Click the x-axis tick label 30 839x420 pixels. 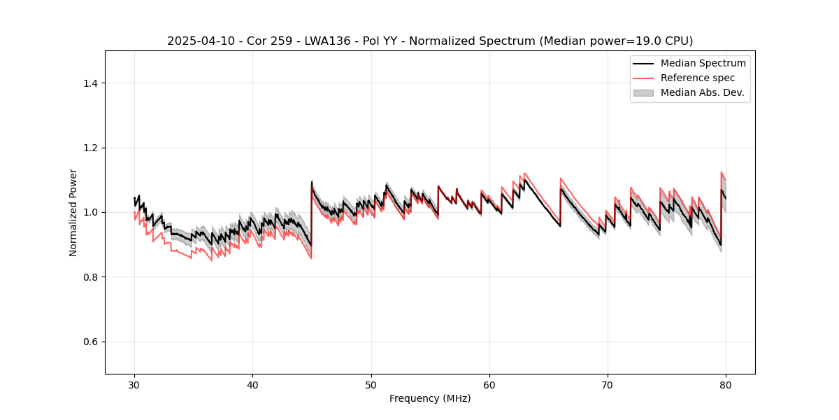(134, 384)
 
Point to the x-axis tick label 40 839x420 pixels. (252, 384)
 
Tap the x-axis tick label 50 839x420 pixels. (371, 384)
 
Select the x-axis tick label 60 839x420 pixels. (489, 384)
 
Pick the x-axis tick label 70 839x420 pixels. (608, 384)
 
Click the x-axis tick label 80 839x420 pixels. (726, 384)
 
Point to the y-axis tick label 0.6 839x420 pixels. (90, 342)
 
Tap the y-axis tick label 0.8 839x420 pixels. (90, 277)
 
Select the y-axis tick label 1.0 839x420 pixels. (90, 212)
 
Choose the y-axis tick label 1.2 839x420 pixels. (90, 148)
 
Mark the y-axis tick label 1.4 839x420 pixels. (90, 83)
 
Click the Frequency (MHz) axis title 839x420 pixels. (430, 398)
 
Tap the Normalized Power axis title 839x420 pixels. (73, 212)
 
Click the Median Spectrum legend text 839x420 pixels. (703, 64)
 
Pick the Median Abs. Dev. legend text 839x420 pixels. (702, 92)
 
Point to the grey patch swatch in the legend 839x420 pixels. (643, 92)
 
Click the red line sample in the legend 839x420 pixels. (643, 78)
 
